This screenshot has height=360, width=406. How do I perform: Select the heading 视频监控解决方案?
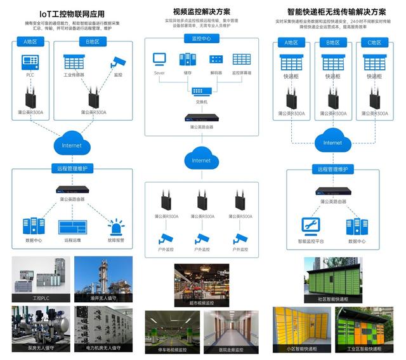point(201,11)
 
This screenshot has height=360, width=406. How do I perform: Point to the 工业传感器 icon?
point(74,62)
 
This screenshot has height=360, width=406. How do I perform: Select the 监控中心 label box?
point(201,39)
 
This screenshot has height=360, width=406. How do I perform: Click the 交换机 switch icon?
point(201,91)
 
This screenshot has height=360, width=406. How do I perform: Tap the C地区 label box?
point(374,43)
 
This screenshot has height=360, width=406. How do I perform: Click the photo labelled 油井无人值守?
point(103,277)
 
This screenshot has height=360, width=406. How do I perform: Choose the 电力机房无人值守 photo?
point(103,327)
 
